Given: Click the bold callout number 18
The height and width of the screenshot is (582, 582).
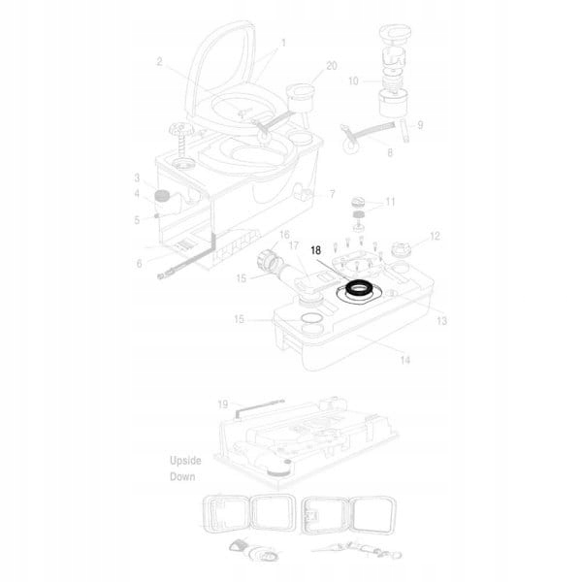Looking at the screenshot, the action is click(x=316, y=250).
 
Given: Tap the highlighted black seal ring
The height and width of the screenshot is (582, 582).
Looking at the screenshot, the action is click(x=359, y=288).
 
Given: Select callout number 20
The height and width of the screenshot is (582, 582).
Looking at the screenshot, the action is click(x=332, y=66).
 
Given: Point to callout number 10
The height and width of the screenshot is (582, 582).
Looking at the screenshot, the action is click(x=353, y=81).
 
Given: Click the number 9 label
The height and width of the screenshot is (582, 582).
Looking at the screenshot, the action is click(x=420, y=125).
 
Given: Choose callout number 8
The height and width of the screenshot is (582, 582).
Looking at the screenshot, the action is click(x=390, y=152).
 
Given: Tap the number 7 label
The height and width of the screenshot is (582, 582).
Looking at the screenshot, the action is click(x=332, y=194).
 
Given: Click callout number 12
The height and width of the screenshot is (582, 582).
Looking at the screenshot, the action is click(x=435, y=236).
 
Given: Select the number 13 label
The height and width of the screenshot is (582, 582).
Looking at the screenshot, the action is click(x=441, y=321).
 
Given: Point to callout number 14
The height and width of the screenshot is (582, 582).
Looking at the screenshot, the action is click(x=404, y=360).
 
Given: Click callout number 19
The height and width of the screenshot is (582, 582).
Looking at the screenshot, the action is click(x=223, y=404).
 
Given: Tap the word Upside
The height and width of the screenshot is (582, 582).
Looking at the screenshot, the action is click(x=185, y=461).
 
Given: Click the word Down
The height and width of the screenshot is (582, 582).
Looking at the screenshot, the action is click(x=182, y=476).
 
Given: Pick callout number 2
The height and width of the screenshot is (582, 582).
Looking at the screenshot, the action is click(x=159, y=62).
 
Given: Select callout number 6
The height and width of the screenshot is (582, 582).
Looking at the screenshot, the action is click(x=139, y=264).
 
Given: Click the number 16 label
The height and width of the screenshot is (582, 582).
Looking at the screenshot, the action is click(x=284, y=235).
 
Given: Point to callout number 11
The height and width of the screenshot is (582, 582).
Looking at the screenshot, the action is click(x=390, y=202).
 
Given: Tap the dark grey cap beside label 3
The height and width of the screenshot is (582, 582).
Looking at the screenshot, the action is click(x=161, y=195).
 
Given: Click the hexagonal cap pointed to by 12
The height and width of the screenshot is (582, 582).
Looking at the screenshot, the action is click(x=402, y=248).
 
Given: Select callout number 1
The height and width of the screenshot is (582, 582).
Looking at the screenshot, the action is click(x=283, y=43).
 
